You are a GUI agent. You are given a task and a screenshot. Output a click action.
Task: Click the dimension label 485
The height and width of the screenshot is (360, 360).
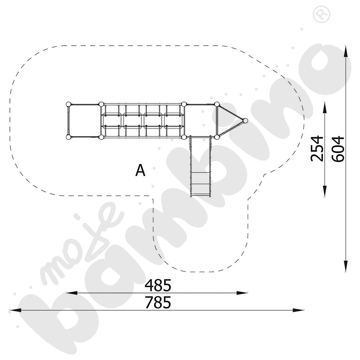[158, 285]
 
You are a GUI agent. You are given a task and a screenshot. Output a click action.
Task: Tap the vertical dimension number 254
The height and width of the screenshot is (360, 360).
[317, 149]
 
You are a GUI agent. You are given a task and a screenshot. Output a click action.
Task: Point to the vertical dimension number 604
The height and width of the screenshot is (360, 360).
[338, 149]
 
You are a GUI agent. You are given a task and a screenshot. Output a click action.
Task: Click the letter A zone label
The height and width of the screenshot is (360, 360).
[140, 170]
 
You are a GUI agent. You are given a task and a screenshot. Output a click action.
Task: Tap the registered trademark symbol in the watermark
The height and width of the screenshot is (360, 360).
[321, 14]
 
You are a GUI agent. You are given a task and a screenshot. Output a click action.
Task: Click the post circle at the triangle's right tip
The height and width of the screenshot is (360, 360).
[245, 121]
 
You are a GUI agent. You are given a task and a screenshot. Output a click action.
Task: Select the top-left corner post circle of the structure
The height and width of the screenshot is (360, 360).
[68, 104]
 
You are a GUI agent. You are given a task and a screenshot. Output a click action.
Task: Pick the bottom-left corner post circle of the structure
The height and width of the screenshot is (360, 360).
[68, 137]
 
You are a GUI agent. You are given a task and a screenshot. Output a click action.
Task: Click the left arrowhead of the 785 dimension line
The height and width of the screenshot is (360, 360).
[15, 310]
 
